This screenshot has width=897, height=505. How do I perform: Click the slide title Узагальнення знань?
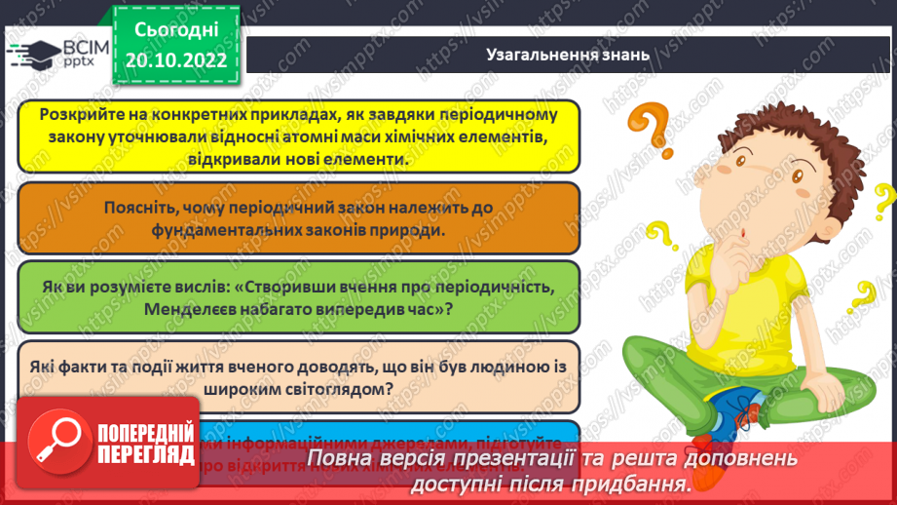pos(567,55)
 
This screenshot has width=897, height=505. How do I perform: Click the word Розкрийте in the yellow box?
pos(78,115)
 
